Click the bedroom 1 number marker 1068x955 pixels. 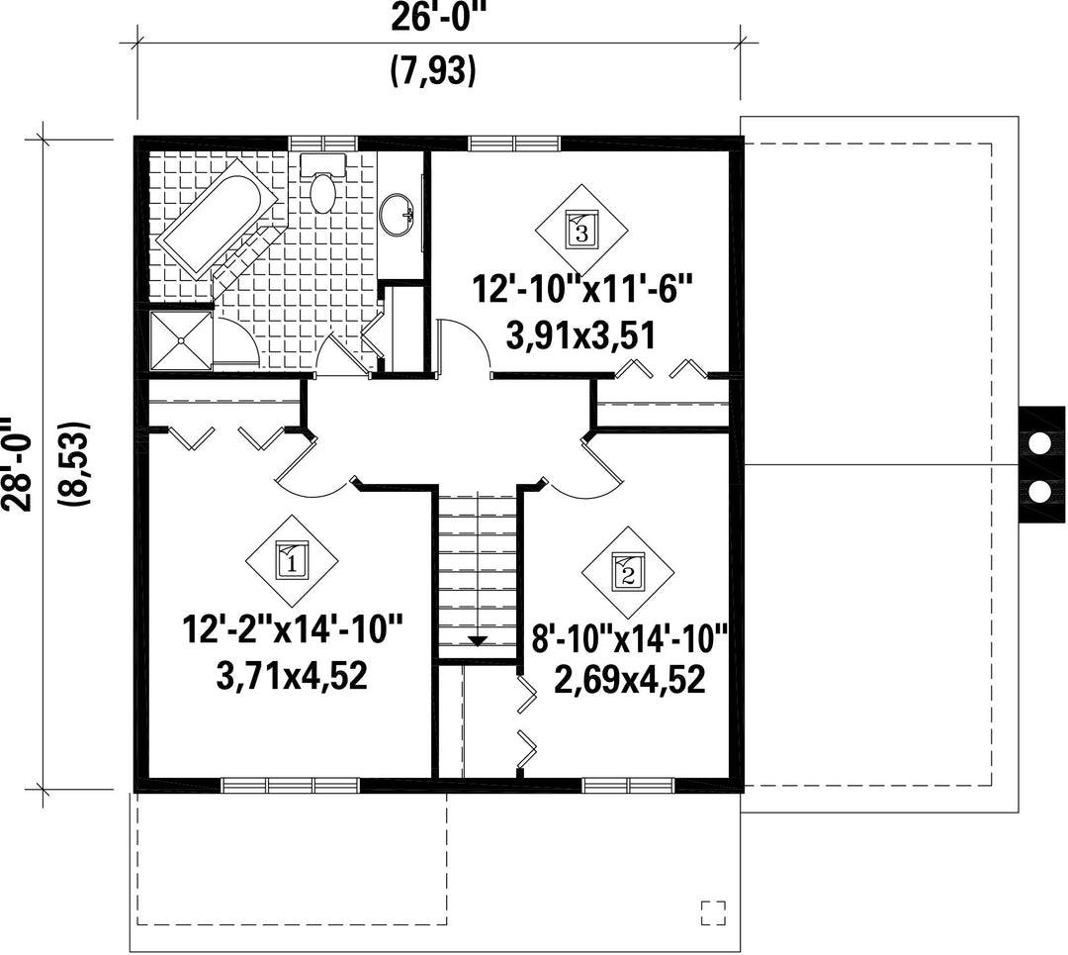point(292,561)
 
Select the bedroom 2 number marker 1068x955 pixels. point(627,572)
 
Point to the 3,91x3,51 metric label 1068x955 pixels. point(581,335)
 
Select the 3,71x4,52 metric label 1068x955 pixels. point(292,676)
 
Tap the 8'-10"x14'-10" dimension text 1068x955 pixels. point(630,640)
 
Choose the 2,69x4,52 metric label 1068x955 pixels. point(630,680)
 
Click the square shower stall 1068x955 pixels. point(181,340)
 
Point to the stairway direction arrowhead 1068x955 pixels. point(479,640)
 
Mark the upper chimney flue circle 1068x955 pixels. point(1039,443)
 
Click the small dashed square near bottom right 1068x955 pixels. point(713,913)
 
